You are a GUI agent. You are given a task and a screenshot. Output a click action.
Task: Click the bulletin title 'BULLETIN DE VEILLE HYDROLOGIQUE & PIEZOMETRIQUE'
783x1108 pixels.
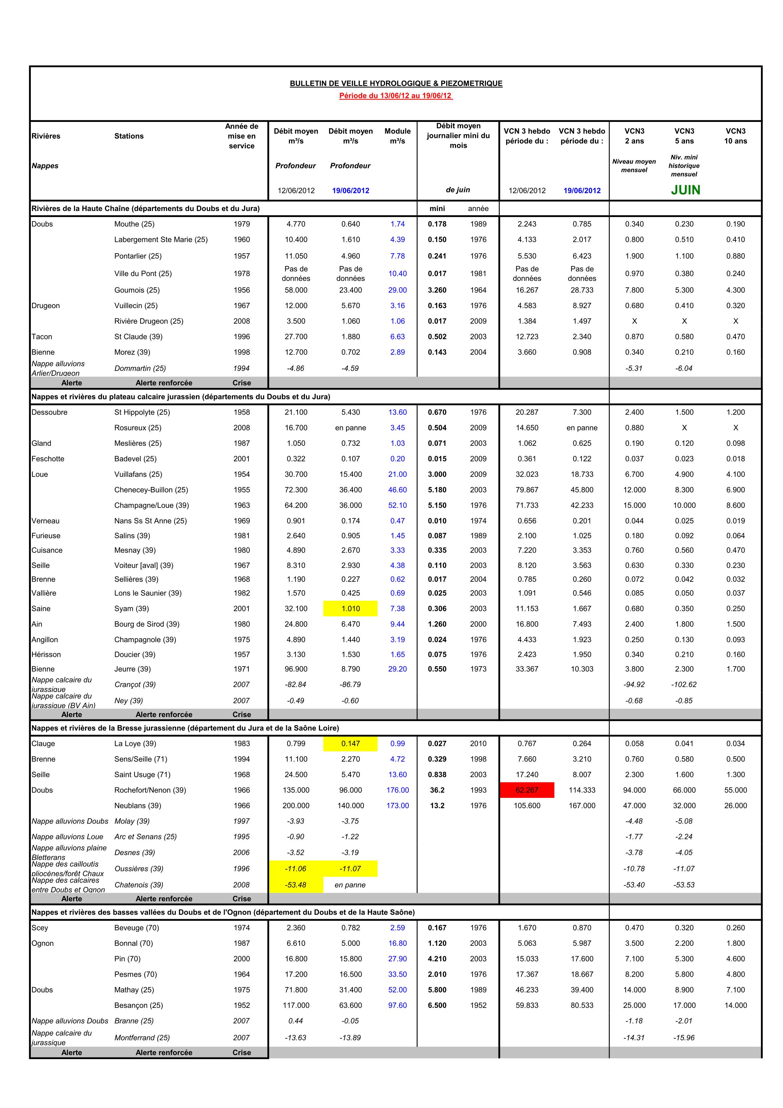coord(396,83)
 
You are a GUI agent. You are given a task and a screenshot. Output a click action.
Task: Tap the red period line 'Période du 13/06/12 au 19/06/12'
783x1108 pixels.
coord(396,95)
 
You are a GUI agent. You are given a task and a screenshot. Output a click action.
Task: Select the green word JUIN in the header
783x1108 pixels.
coord(685,190)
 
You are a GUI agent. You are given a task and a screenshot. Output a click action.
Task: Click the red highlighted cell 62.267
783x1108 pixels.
coord(527,790)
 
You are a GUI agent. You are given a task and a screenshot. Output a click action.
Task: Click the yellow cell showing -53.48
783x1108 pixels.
coord(295,885)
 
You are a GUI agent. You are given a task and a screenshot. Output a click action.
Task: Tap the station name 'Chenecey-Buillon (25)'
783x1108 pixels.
coord(151,490)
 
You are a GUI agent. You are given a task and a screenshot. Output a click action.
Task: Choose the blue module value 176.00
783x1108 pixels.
coord(398,790)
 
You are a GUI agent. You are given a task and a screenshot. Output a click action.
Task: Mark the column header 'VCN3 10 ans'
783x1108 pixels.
coord(735,136)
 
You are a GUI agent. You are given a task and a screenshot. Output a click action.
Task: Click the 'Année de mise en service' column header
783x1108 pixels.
coord(242,136)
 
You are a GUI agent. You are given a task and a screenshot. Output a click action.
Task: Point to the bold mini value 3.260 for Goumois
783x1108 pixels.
coord(437,290)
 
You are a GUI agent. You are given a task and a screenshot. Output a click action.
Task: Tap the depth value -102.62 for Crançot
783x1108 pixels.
coord(684,684)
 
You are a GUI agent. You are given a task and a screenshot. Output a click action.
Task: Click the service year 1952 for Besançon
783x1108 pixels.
coord(242,1005)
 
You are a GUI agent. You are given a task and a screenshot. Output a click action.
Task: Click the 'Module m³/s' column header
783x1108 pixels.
coord(398,136)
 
